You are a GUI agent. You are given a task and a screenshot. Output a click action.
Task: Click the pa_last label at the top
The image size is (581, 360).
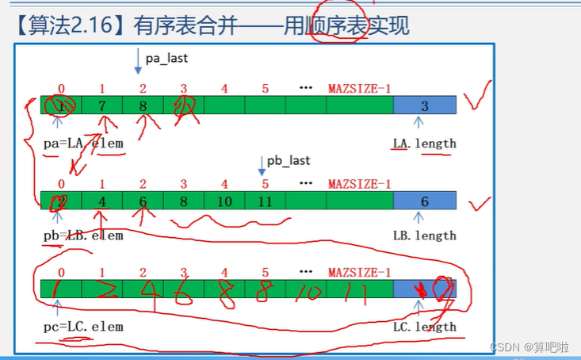click(x=166, y=58)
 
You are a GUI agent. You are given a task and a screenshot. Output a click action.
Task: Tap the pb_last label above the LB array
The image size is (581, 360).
click(x=288, y=160)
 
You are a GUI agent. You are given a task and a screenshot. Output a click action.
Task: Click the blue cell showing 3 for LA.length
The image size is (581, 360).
click(x=425, y=105)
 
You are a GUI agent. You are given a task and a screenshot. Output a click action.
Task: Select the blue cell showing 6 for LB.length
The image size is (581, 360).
click(x=425, y=201)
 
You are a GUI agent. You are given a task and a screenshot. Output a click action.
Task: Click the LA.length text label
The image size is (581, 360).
click(x=425, y=143)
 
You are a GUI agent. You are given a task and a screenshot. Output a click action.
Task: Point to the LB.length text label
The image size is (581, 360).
click(x=425, y=235)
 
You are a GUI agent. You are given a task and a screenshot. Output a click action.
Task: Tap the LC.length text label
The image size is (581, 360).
click(x=425, y=326)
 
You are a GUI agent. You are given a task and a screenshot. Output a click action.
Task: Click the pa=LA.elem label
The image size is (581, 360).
click(x=85, y=143)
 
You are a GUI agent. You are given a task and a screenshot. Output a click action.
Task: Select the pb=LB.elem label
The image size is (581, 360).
click(x=85, y=235)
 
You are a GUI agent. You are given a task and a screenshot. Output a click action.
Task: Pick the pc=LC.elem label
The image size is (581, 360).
click(x=84, y=326)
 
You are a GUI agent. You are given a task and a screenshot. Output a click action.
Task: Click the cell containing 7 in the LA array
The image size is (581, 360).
click(x=102, y=105)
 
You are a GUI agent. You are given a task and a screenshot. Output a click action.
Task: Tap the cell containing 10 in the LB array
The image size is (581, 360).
click(x=224, y=201)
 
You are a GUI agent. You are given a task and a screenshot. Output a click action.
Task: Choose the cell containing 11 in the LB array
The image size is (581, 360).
click(x=265, y=201)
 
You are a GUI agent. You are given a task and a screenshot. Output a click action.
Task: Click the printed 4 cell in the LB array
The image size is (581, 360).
click(x=102, y=201)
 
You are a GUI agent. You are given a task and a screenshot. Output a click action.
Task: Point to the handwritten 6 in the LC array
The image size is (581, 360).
click(x=182, y=292)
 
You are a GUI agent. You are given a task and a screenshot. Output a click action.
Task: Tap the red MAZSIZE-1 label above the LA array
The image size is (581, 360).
click(x=359, y=88)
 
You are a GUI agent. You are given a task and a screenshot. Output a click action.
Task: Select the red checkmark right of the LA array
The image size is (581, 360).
click(x=478, y=101)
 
